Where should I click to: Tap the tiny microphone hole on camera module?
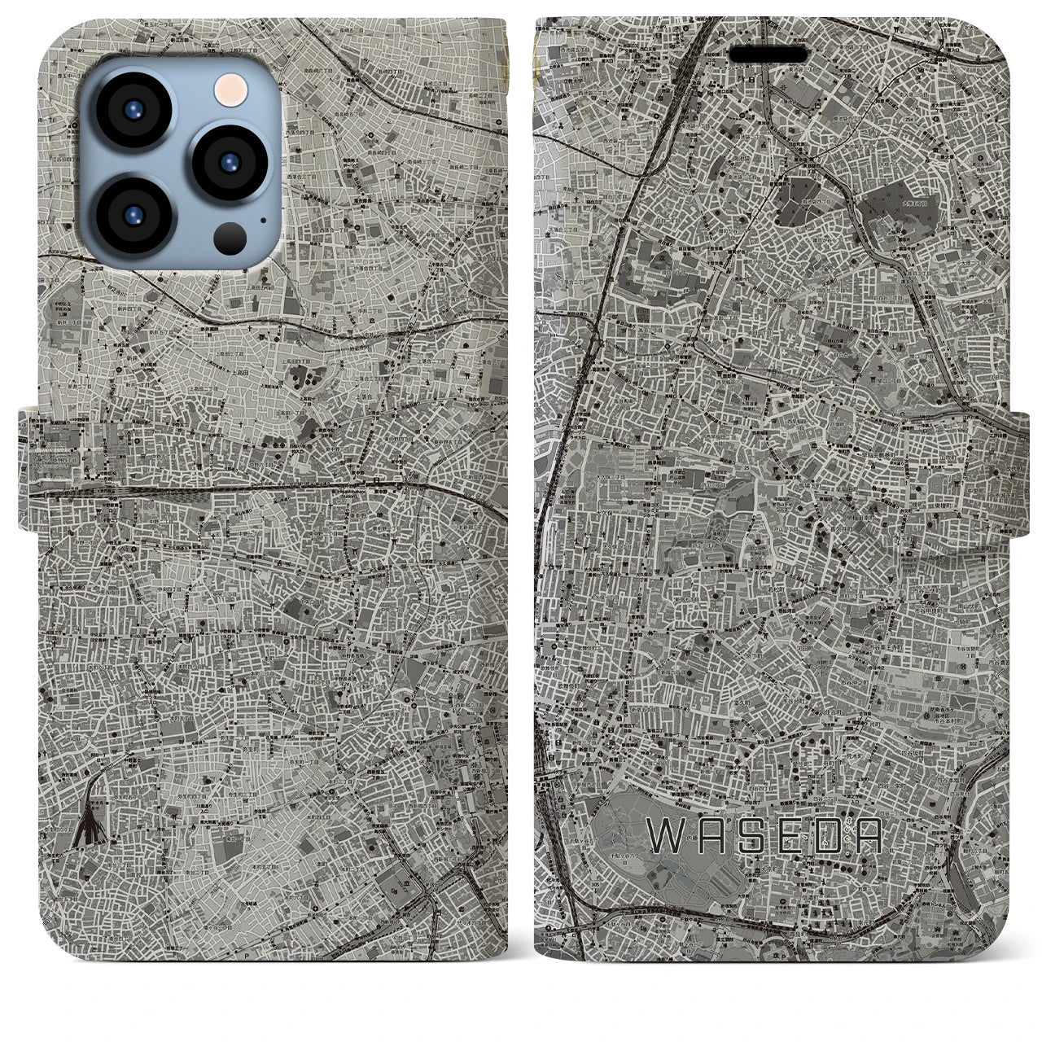click(263, 218)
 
